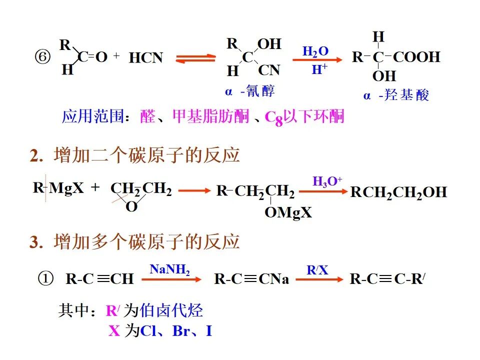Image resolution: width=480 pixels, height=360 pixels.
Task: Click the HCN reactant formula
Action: [x=146, y=58]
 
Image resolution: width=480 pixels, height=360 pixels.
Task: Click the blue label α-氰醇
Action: [x=249, y=91]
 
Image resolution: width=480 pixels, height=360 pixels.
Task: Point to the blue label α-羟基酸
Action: [x=396, y=95]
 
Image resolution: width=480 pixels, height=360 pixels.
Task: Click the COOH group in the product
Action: [x=416, y=57]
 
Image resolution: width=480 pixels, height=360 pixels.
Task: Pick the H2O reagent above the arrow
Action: [x=315, y=51]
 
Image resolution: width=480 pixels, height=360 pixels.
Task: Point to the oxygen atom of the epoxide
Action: [x=131, y=206]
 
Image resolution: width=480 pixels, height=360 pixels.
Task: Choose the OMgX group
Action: [x=288, y=212]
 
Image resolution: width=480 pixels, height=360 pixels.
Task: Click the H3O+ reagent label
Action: [x=327, y=181]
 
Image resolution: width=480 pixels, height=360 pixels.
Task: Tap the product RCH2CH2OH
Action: [x=398, y=192]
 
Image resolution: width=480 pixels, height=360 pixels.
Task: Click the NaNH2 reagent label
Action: [x=169, y=269]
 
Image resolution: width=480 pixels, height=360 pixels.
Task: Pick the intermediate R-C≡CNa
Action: [x=251, y=279]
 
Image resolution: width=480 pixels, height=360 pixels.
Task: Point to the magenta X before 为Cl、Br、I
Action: [x=114, y=331]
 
